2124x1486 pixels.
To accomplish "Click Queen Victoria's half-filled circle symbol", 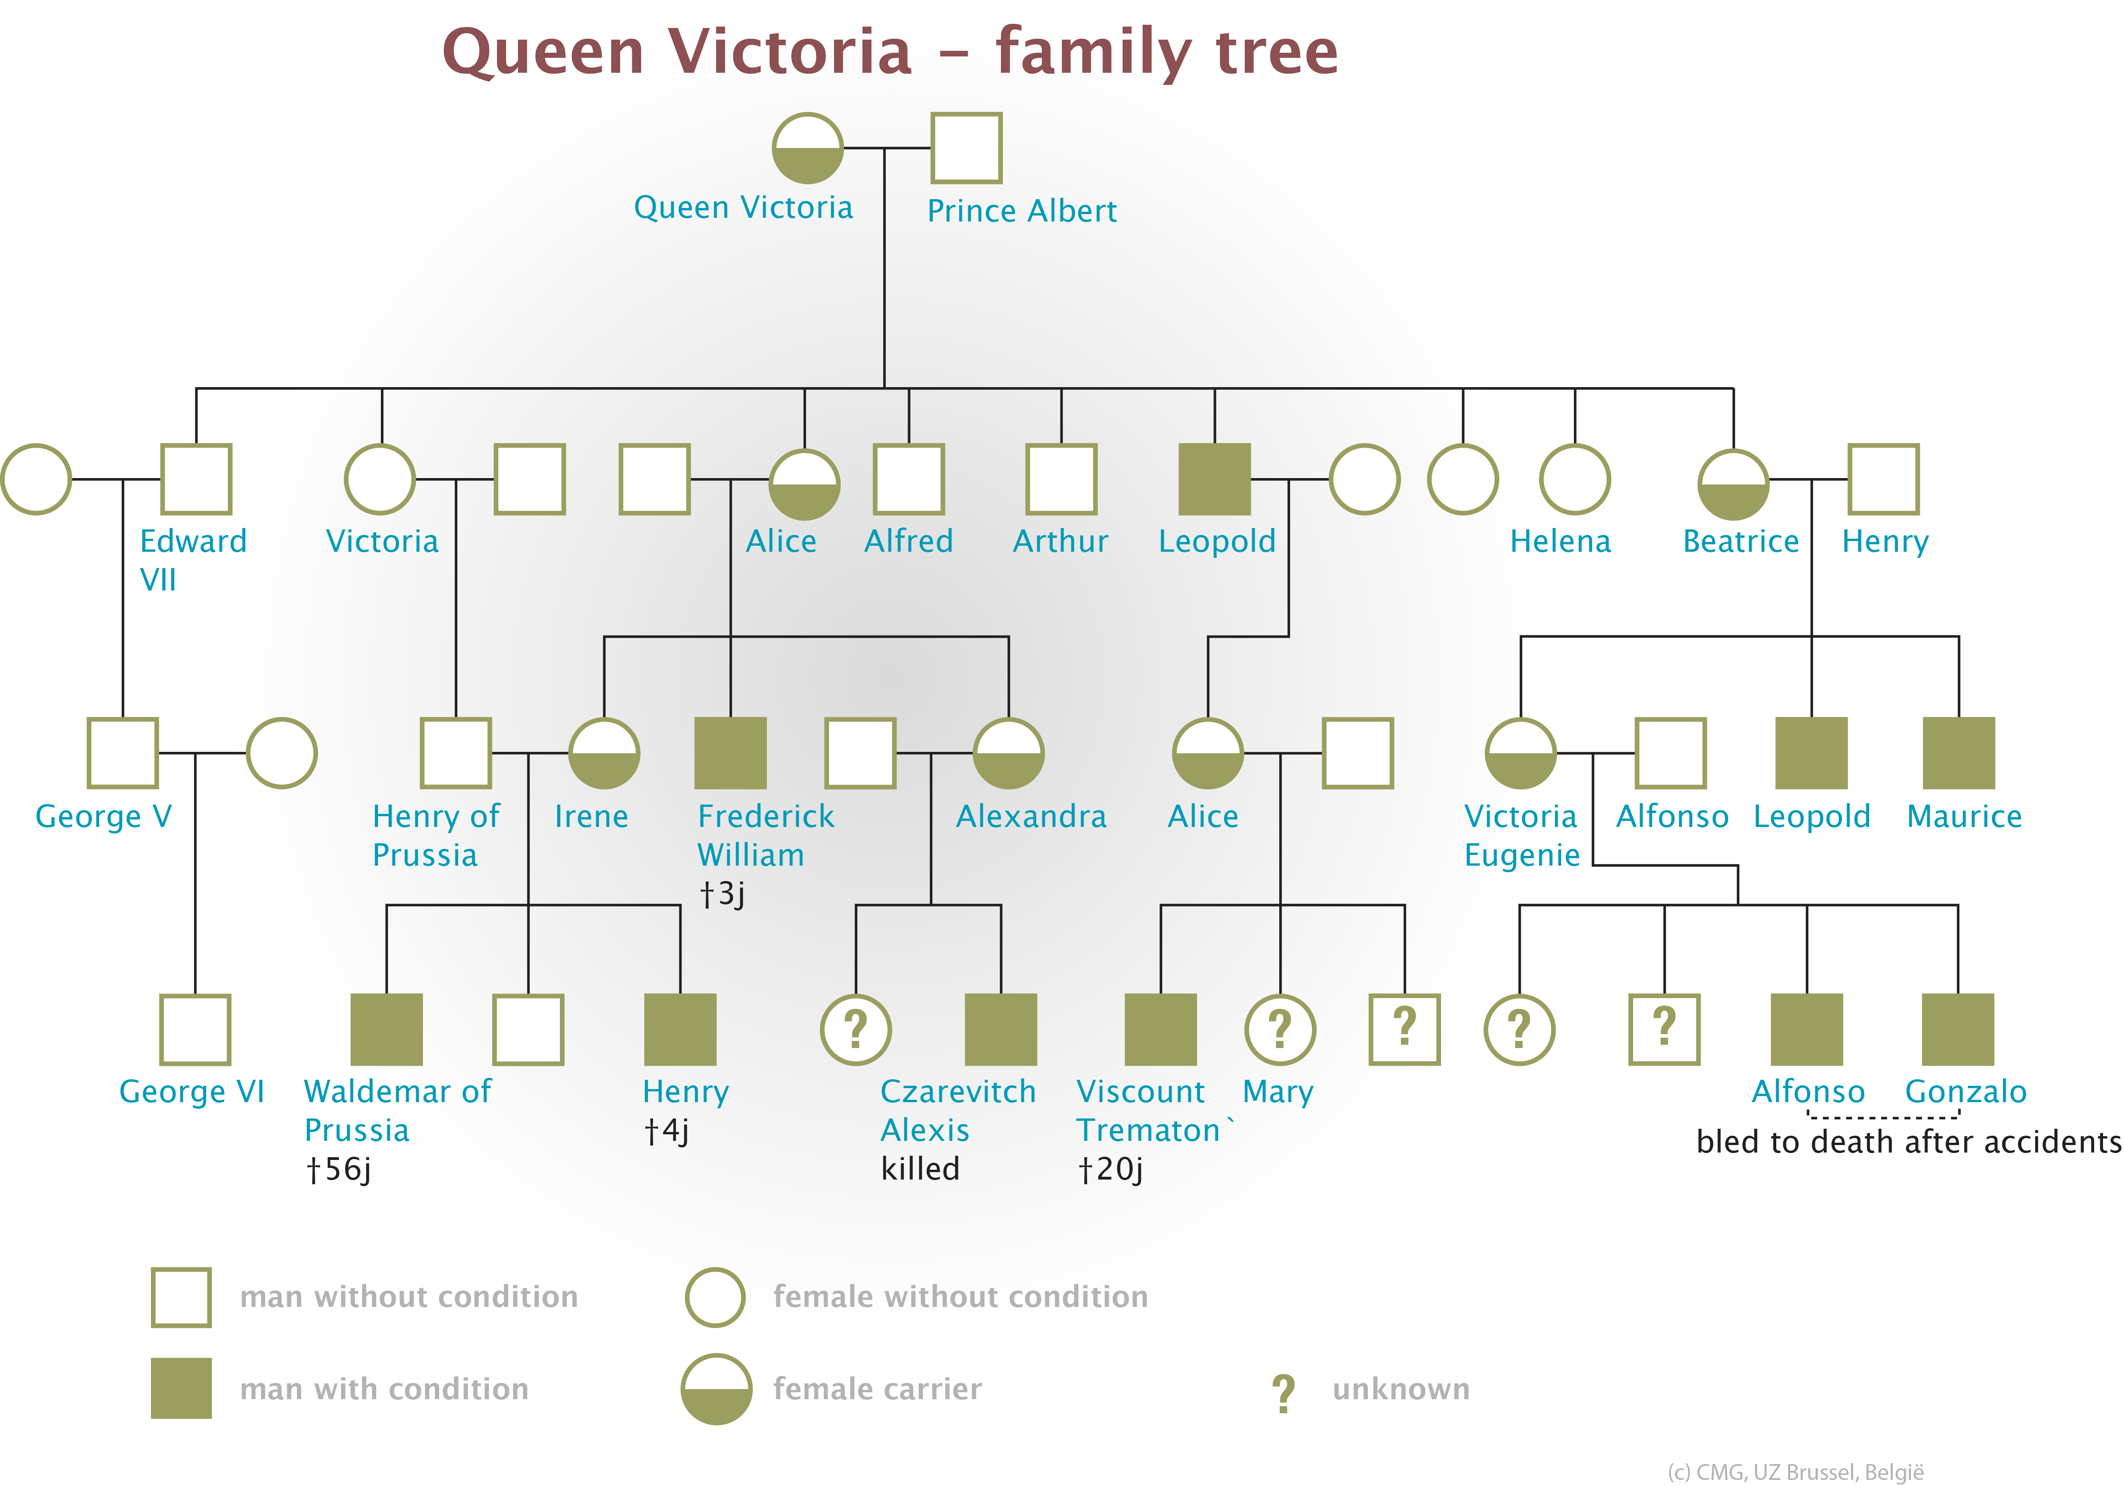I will pyautogui.click(x=807, y=148).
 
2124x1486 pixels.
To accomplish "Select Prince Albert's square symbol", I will pyautogui.click(x=966, y=148).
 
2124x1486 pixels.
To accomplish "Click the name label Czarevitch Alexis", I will pyautogui.click(x=958, y=1111).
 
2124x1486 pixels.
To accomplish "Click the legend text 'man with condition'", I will pyautogui.click(x=384, y=1389).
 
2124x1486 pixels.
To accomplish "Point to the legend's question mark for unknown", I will pyautogui.click(x=1283, y=1393).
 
